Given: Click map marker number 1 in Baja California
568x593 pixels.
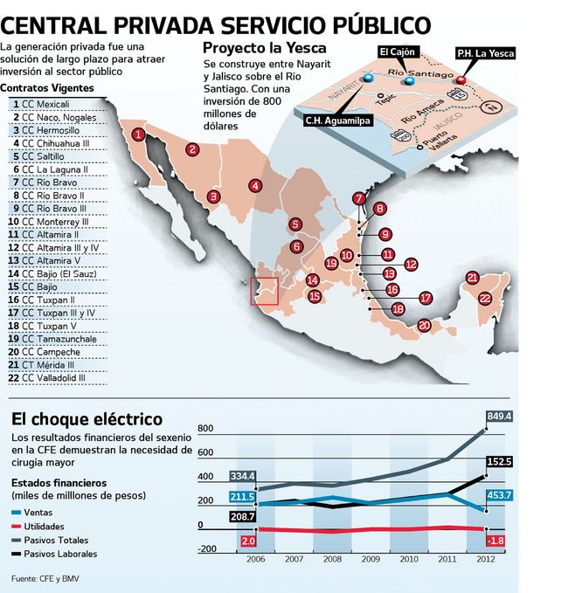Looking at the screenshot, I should click(139, 134).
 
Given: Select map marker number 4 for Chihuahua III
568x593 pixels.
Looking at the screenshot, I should click(254, 185).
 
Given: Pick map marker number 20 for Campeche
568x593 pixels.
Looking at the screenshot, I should click(425, 326).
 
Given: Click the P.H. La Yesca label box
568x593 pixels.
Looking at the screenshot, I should click(486, 53).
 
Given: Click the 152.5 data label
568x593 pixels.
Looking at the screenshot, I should click(499, 461).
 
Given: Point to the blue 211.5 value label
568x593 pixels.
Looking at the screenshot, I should click(242, 497).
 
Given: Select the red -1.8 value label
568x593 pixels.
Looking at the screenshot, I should click(495, 541).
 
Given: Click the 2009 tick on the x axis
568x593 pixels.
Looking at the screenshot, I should click(371, 558).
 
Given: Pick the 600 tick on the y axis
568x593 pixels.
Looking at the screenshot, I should click(205, 452).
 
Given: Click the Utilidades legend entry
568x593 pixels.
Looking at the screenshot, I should click(43, 527).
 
